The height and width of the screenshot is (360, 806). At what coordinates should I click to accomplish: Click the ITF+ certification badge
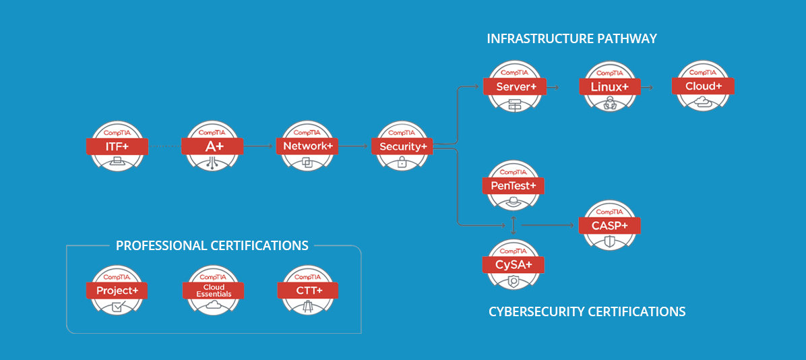pyautogui.click(x=117, y=146)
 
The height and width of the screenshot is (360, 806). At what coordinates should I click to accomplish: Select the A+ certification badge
pyautogui.click(x=212, y=146)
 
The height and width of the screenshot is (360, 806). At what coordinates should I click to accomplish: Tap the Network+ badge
pyautogui.click(x=307, y=146)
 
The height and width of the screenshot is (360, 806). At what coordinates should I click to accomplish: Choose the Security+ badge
pyautogui.click(x=402, y=146)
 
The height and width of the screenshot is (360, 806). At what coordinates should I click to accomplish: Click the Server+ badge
pyautogui.click(x=515, y=87)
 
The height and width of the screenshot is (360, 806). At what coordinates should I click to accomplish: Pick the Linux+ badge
pyautogui.click(x=609, y=87)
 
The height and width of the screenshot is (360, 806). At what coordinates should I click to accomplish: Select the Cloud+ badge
pyautogui.click(x=703, y=86)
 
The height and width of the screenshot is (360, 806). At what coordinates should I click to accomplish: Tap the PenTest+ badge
pyautogui.click(x=514, y=185)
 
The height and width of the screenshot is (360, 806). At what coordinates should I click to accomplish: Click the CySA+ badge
pyautogui.click(x=514, y=264)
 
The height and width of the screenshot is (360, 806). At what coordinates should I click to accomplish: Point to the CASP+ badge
pyautogui.click(x=609, y=225)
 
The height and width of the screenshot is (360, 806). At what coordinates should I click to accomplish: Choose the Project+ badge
pyautogui.click(x=117, y=291)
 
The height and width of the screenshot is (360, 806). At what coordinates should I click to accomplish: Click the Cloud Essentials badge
pyautogui.click(x=213, y=291)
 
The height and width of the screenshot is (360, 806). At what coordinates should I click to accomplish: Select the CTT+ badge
pyautogui.click(x=307, y=291)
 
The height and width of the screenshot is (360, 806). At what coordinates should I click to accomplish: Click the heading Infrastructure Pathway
pyautogui.click(x=571, y=39)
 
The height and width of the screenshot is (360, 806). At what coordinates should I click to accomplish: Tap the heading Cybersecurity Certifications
pyautogui.click(x=586, y=311)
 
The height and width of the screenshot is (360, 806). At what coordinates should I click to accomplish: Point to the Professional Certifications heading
pyautogui.click(x=212, y=245)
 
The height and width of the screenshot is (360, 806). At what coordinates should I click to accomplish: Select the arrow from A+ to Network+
pyautogui.click(x=259, y=146)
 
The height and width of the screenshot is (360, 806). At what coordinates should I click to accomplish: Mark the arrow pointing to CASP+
pyautogui.click(x=549, y=225)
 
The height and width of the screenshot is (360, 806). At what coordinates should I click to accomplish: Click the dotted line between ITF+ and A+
pyautogui.click(x=164, y=146)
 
